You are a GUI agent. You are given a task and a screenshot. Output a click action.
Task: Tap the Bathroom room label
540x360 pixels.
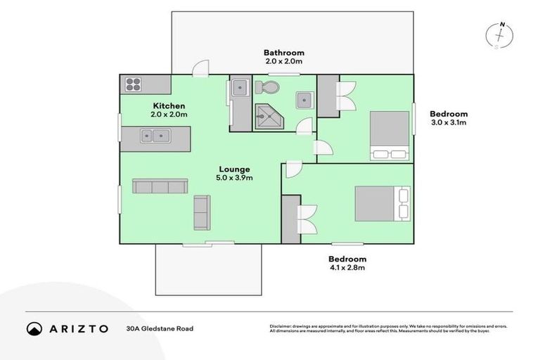283,53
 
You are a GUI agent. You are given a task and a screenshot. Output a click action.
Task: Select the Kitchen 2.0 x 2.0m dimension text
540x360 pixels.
168,115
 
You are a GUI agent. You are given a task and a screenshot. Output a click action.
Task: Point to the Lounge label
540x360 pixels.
234,169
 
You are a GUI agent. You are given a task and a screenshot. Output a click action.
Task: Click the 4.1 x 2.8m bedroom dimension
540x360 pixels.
347,267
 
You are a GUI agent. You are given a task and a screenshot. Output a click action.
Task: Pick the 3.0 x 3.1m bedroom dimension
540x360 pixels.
449,122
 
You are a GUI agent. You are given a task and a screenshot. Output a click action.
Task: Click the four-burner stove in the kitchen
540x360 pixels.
134,85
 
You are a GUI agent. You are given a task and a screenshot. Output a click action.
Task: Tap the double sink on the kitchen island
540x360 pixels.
154,136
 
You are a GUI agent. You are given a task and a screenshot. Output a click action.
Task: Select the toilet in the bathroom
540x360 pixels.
266,88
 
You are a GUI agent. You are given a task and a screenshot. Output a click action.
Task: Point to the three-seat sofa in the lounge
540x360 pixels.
160,186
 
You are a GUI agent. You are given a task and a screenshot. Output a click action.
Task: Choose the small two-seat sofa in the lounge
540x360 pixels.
201,212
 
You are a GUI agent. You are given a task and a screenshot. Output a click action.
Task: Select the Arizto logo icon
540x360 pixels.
34,328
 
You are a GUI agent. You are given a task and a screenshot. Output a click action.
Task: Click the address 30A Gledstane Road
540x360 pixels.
160,328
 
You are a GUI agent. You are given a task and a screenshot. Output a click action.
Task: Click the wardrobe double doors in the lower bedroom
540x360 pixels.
307,219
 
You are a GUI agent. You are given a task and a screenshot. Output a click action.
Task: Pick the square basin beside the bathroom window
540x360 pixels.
304,99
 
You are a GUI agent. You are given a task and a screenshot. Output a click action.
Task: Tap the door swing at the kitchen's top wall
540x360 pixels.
201,68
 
